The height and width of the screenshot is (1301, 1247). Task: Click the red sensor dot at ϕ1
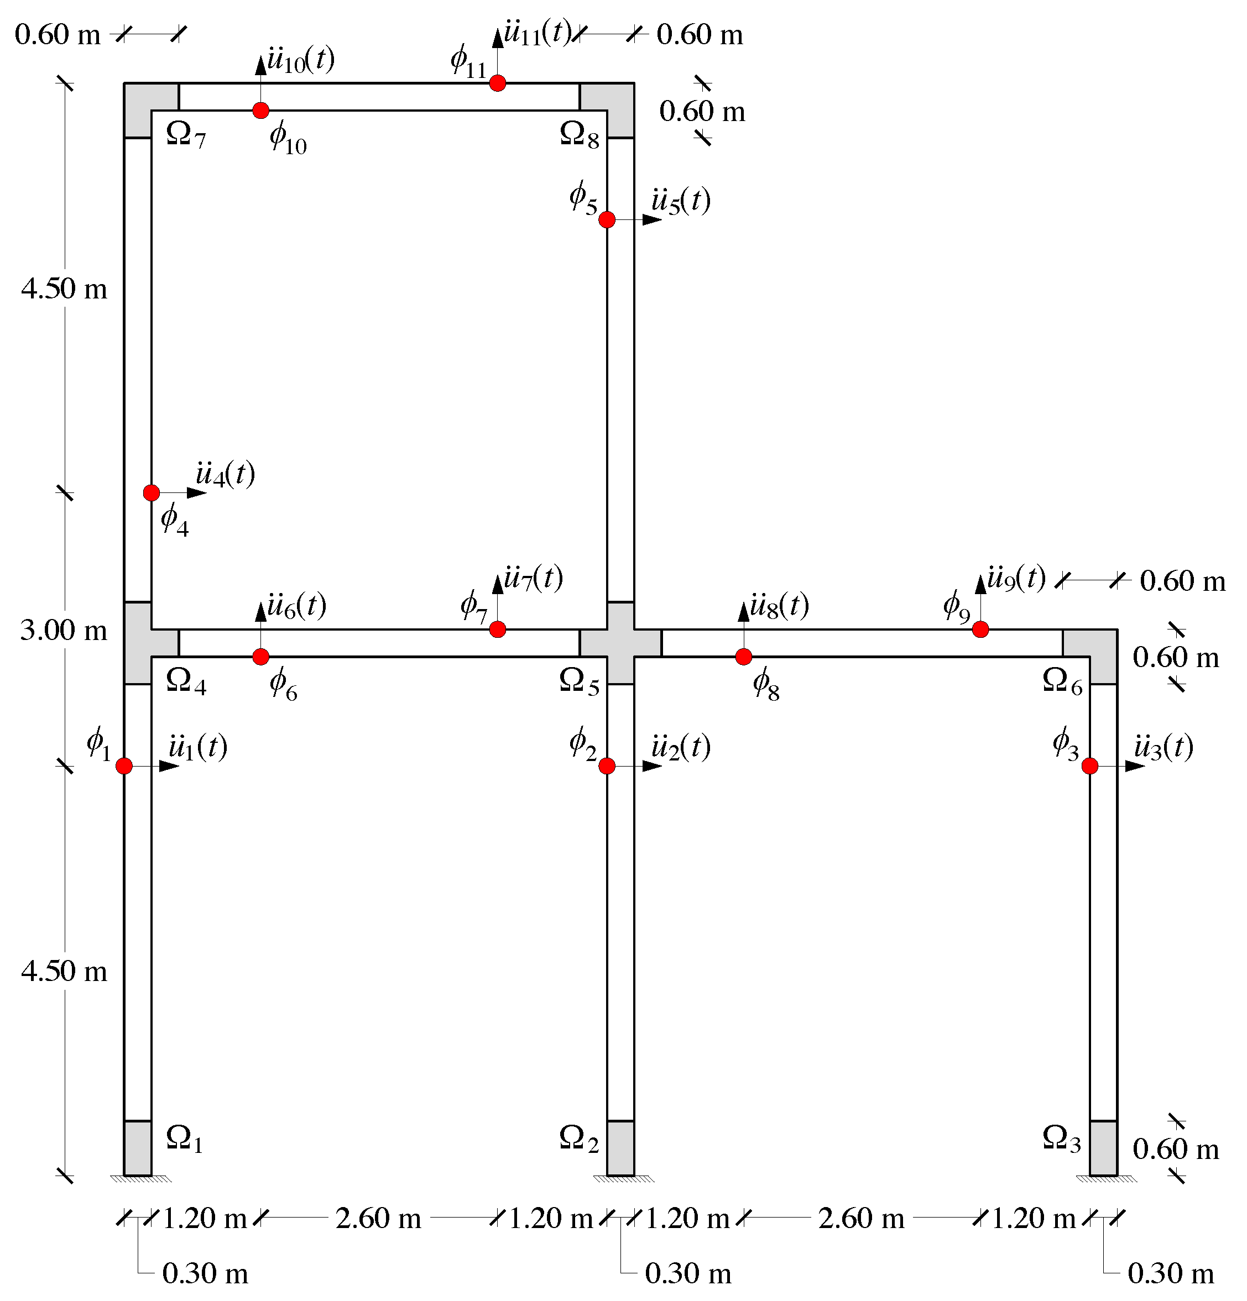tap(124, 766)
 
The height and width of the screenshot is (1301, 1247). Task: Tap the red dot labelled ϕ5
tap(607, 220)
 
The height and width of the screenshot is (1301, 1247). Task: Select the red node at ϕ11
tap(497, 83)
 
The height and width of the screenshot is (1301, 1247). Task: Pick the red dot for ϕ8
tap(744, 657)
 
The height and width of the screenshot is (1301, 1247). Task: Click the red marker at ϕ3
tap(1089, 766)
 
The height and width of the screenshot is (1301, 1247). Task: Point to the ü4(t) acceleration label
tap(225, 474)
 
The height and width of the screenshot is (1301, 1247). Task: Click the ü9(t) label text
tap(1016, 578)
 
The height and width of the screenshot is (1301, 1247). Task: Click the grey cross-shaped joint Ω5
tap(620, 643)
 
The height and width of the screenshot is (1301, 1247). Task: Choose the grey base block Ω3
tap(1103, 1148)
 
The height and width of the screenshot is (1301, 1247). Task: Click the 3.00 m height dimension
tap(64, 630)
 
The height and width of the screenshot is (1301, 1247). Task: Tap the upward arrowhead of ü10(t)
tap(261, 64)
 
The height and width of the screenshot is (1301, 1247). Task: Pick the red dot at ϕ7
tap(497, 629)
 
